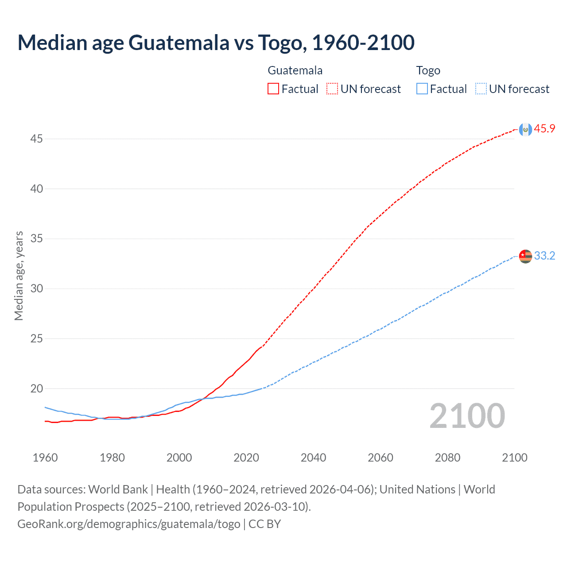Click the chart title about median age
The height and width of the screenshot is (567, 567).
point(216,43)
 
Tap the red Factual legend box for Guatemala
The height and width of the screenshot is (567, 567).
point(273,89)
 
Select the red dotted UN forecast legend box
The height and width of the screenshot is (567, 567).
point(332,89)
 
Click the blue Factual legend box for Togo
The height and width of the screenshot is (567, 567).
point(422,89)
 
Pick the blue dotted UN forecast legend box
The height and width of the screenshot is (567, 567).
point(481,89)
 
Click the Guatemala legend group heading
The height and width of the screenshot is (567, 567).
point(295,70)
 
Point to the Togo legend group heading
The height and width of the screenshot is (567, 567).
point(428,70)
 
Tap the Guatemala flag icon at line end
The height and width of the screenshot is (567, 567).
point(525,129)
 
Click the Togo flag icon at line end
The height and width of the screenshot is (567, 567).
point(525,256)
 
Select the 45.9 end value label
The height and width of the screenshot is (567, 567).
point(544,129)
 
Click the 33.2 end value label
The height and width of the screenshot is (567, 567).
point(544,256)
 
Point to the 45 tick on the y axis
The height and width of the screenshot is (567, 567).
point(36,139)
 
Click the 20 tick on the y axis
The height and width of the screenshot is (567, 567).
point(36,389)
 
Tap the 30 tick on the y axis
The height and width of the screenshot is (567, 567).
point(36,289)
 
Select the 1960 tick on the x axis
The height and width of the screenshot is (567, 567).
point(45,458)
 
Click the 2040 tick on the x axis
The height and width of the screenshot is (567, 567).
point(313,458)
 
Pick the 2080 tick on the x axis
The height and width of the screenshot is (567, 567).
point(447,458)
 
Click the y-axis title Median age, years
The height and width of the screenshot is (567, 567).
point(19,276)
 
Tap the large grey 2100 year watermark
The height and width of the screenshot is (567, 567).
point(467,416)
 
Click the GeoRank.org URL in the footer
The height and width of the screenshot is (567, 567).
point(128,524)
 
